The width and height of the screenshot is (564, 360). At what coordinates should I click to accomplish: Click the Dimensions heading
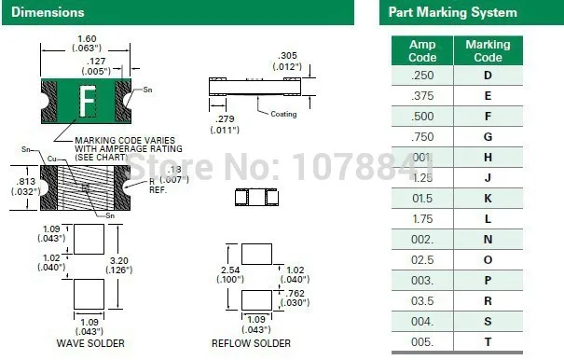coord(48,12)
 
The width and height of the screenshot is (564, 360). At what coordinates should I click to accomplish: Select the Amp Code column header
coord(422,50)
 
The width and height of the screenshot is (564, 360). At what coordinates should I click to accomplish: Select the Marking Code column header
coord(488,50)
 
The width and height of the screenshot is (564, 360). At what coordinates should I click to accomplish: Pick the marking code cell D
coord(488,75)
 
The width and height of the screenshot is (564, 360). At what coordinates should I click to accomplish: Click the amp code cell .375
coord(422,95)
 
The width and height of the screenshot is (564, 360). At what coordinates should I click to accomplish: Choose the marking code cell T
coord(488,342)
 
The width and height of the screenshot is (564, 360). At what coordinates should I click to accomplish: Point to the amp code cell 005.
coord(422,342)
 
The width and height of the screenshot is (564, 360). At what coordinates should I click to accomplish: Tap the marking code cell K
coord(488,199)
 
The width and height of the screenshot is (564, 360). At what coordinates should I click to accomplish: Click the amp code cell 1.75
coord(422,219)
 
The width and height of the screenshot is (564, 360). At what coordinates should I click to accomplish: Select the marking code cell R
coord(488,301)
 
